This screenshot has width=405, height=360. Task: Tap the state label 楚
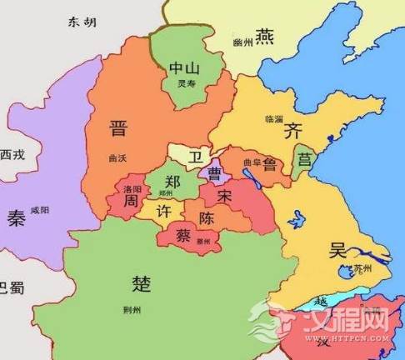[142, 283]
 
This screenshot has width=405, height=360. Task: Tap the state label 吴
[337, 247]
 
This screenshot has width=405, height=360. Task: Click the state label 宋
[224, 196]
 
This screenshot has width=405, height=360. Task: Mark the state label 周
[130, 202]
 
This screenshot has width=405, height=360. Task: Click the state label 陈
[208, 217]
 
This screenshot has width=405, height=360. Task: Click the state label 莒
[304, 158]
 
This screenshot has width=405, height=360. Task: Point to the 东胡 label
[78, 23]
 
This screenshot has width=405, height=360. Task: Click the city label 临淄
[272, 118]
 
